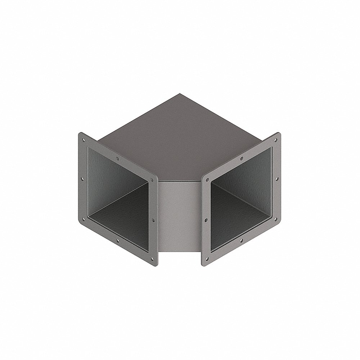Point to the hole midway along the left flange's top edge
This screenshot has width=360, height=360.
pos(118,158)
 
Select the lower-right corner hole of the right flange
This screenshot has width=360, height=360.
pos(276,218)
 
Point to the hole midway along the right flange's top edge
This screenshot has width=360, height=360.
pos(242,158)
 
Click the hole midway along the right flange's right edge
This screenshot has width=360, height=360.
pos(278,178)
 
